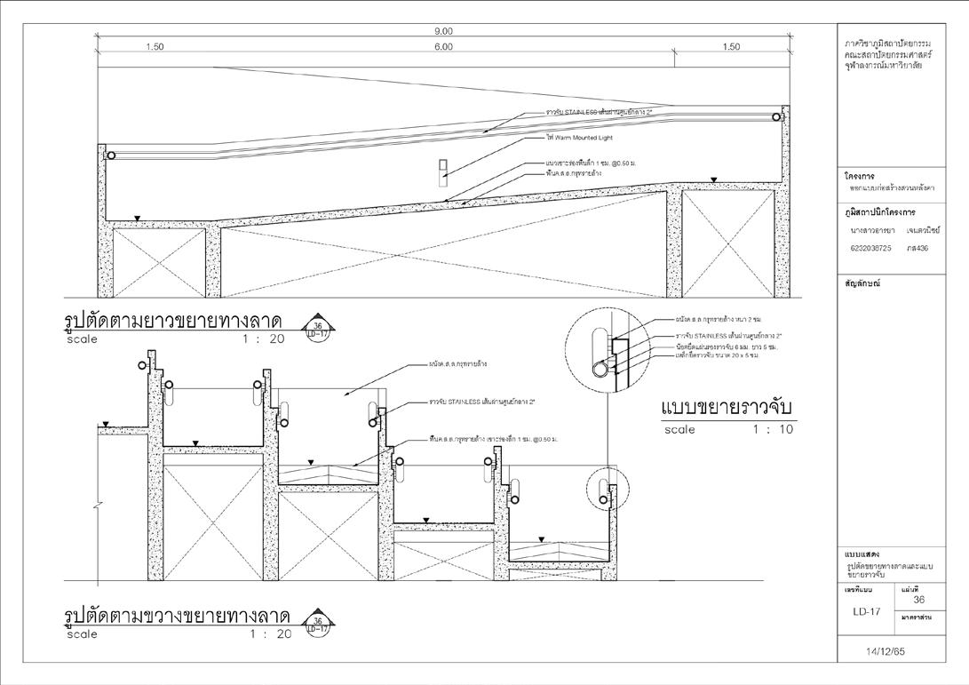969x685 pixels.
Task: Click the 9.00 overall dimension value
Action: coord(445,31)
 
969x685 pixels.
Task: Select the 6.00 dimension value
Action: coord(444,47)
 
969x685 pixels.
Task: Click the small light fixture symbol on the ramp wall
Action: coord(445,169)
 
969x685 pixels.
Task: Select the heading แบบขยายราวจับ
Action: coord(727,408)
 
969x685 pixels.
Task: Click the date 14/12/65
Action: coord(897,651)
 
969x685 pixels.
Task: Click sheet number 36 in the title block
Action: coord(918,600)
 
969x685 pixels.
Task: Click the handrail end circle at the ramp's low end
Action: coord(111,155)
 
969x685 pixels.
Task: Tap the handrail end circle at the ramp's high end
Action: coord(776,116)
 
